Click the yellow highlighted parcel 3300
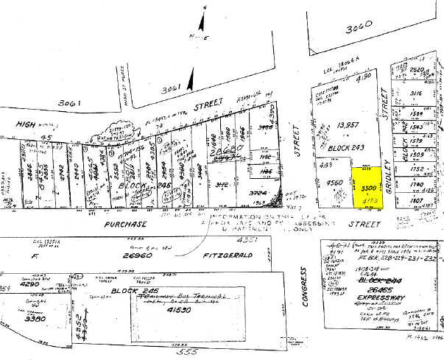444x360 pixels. click(367, 187)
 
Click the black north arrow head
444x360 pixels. click(191, 75)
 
